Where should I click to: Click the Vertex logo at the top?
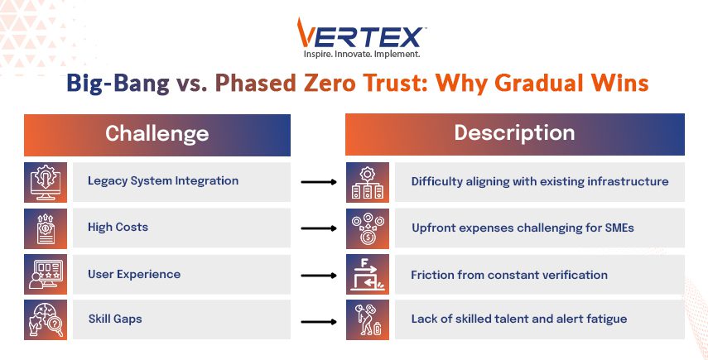tap(359, 33)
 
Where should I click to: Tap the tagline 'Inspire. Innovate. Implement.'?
tap(362, 54)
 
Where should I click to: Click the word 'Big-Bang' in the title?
tap(118, 84)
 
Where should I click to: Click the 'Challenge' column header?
tap(157, 133)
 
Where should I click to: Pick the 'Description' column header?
tap(515, 133)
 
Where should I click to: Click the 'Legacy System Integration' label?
tap(163, 181)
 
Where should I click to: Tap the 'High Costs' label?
tap(118, 227)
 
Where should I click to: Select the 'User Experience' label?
tap(134, 274)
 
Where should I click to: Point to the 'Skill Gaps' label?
tap(115, 319)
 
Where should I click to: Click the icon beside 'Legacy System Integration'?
tap(46, 182)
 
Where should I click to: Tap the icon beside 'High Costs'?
tap(46, 228)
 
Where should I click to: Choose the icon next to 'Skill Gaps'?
tap(46, 319)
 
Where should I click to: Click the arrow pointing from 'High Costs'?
tap(319, 228)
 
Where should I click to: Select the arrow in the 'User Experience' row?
tap(319, 276)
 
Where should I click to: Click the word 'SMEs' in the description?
tap(619, 228)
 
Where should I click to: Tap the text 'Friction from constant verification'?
tap(509, 275)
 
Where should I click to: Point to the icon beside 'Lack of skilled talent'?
tap(368, 319)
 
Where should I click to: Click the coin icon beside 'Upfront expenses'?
tap(368, 228)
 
